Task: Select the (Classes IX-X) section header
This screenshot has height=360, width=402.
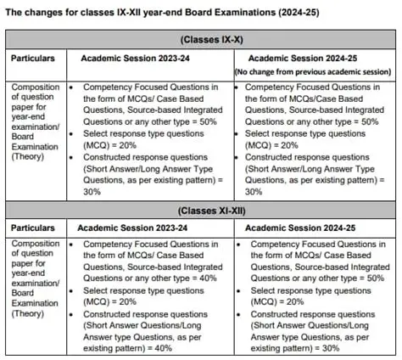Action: click(x=201, y=39)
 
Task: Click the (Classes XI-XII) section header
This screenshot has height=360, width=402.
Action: click(x=201, y=210)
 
